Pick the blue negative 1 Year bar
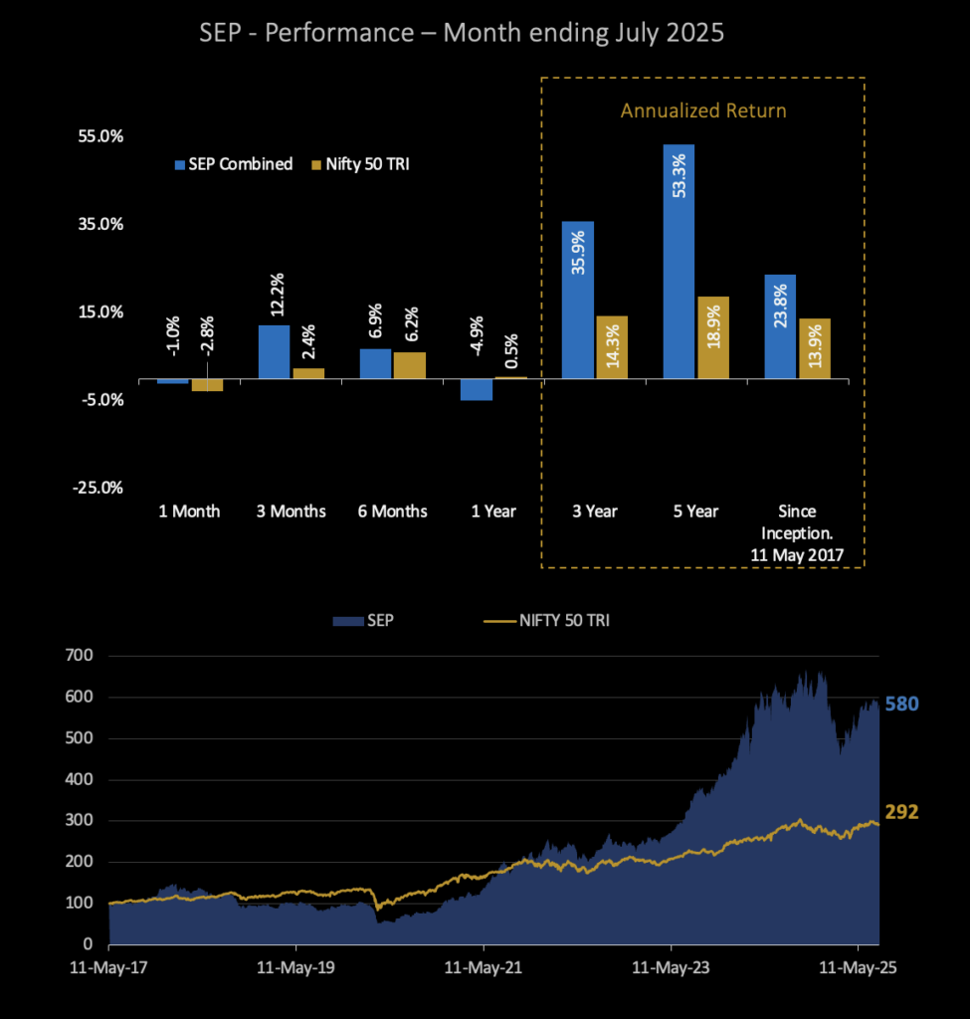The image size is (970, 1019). (477, 389)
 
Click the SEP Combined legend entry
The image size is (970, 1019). (234, 164)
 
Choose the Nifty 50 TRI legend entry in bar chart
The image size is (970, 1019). (359, 164)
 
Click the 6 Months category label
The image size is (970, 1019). (393, 511)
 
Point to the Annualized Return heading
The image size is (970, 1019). (702, 110)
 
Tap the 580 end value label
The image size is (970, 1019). (901, 705)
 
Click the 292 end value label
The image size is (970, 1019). (901, 812)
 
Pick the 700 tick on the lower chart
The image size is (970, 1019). (79, 656)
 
